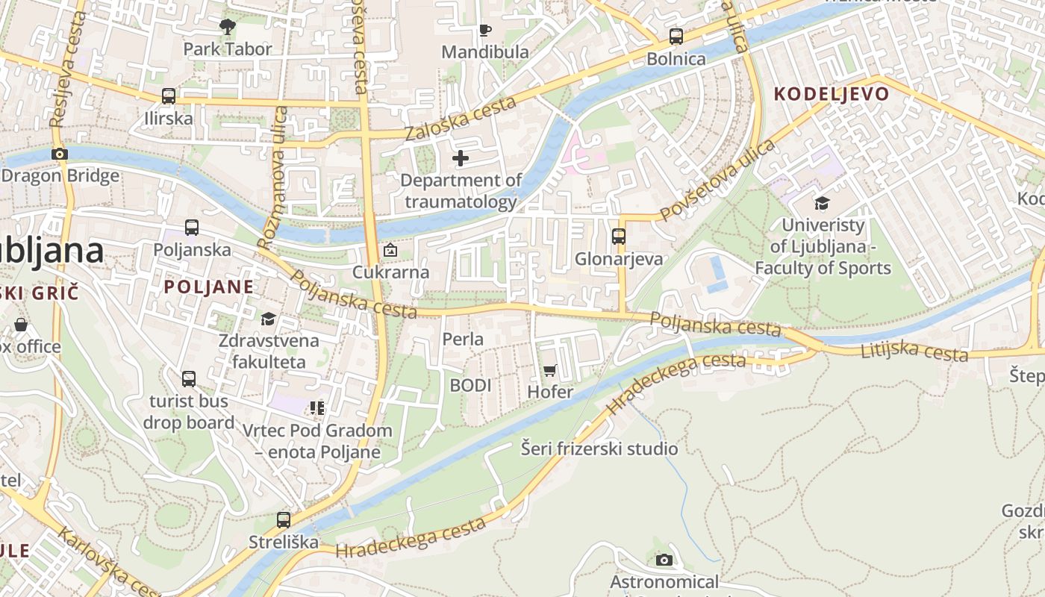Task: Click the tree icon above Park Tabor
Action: click(x=228, y=28)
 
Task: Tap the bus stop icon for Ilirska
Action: click(x=169, y=96)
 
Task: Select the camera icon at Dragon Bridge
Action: click(x=60, y=154)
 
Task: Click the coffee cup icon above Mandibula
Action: click(x=485, y=31)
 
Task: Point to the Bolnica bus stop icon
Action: click(x=676, y=37)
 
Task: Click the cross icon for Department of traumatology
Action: click(x=461, y=158)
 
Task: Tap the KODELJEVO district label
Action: click(x=832, y=94)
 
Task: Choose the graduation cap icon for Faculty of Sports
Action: click(x=822, y=203)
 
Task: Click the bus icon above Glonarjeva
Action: click(x=619, y=237)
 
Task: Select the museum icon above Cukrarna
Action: click(x=390, y=250)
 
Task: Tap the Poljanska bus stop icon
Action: click(x=192, y=228)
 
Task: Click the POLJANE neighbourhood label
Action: click(x=209, y=287)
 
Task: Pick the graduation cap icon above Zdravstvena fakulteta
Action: click(x=268, y=319)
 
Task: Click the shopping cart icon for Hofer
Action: click(x=550, y=370)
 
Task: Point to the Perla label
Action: click(x=463, y=340)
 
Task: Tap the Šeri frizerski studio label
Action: click(x=599, y=448)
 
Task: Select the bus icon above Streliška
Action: click(x=284, y=519)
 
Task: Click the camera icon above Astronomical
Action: click(x=664, y=560)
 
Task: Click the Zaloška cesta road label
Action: click(x=461, y=119)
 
